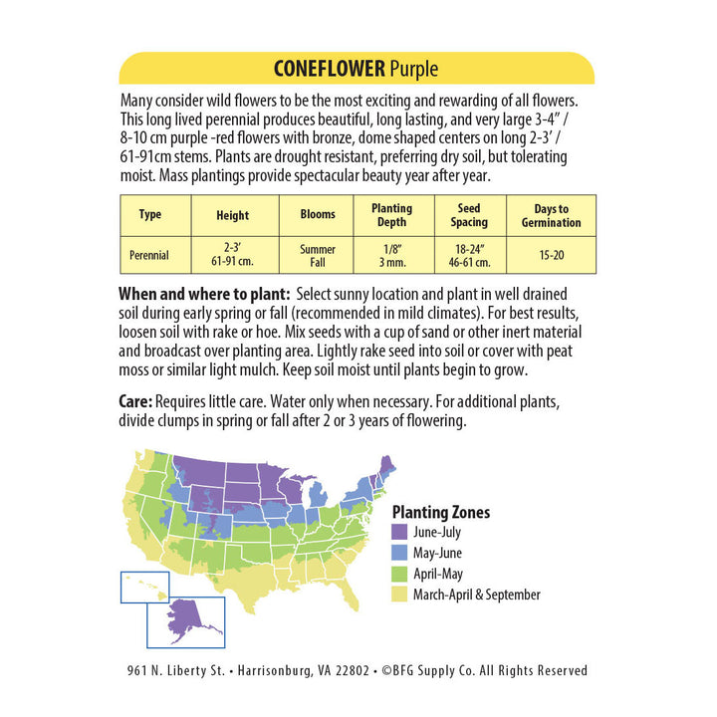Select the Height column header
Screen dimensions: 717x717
coord(232,215)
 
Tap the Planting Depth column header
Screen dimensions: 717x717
coord(391,215)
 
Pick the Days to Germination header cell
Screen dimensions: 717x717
coord(551,215)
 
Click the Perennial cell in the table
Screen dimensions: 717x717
coord(149,256)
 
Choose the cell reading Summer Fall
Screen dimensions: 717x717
coord(318,256)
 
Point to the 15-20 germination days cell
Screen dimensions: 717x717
coord(551,256)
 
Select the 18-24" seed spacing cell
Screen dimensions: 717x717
coord(469,256)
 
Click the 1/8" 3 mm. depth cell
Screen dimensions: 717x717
coord(391,256)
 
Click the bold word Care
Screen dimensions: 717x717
coord(135,401)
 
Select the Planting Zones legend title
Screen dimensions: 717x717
coord(441,512)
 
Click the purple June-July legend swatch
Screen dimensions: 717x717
coord(400,533)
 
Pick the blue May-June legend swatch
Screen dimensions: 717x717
coord(400,554)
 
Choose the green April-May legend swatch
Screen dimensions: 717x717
coord(400,575)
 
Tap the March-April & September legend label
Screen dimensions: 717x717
coord(477,596)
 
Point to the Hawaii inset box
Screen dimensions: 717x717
coord(144,587)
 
